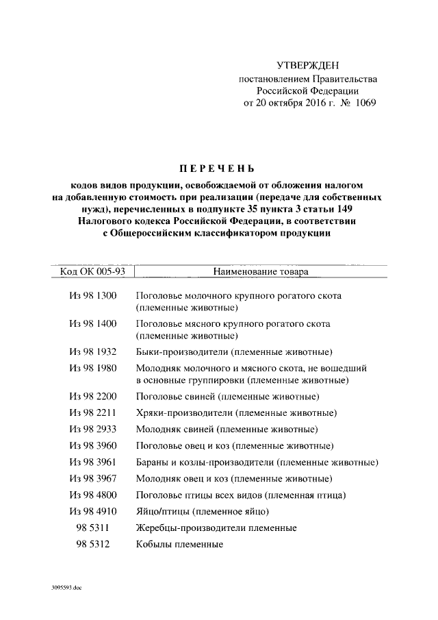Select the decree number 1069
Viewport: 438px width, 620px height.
click(x=361, y=103)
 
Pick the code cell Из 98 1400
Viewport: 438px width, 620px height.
click(x=94, y=323)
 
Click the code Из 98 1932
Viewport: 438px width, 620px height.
click(x=94, y=351)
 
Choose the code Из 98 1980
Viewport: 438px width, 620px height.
click(x=94, y=369)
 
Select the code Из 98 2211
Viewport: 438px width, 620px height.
click(x=94, y=413)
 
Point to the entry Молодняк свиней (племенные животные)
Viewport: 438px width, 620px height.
click(x=227, y=430)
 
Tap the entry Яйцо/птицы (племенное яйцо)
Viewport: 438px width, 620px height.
click(x=202, y=511)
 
